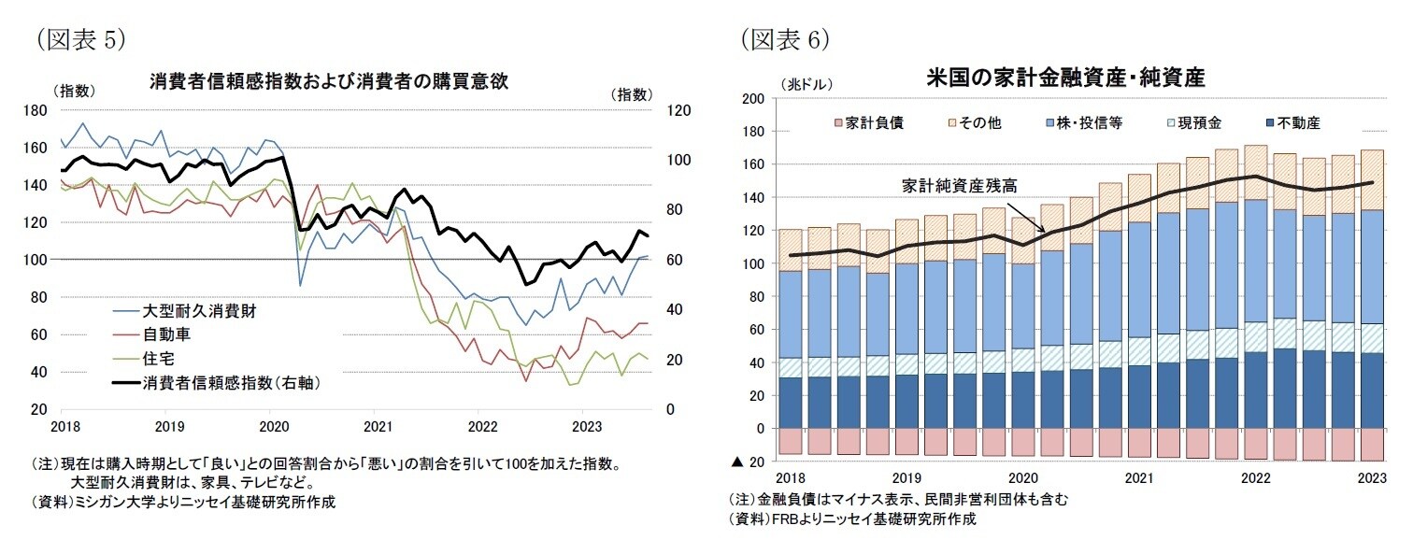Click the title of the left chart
[328, 80]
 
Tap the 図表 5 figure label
[78, 38]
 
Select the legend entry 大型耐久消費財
[198, 310]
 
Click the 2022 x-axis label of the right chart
[1255, 478]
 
